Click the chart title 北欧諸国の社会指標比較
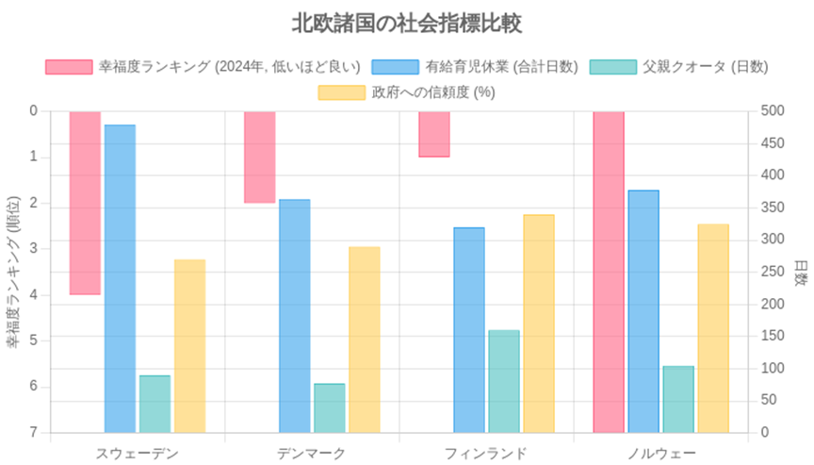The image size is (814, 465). (406, 24)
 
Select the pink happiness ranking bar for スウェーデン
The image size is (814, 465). (85, 203)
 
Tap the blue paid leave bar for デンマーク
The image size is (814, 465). (294, 316)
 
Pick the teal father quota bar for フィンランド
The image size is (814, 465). (503, 381)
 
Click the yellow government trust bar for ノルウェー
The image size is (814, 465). (713, 328)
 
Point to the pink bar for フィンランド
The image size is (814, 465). (434, 134)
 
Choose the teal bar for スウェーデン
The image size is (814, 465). (155, 404)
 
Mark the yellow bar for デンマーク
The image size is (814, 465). (365, 340)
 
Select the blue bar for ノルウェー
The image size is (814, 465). (643, 312)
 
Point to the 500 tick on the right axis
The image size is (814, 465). (773, 110)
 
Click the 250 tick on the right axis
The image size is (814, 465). (773, 272)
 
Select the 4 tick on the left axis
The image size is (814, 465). (34, 294)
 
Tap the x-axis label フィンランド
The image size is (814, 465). (486, 454)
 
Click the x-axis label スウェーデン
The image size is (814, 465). (137, 454)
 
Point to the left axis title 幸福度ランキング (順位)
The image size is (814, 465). (13, 272)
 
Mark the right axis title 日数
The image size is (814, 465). (801, 274)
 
